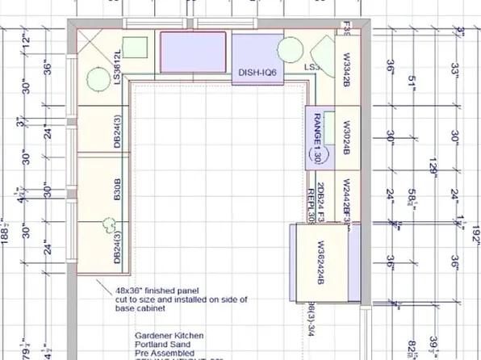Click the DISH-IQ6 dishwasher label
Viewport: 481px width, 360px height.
tap(258, 73)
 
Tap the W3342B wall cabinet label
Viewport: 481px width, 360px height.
tap(346, 69)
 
